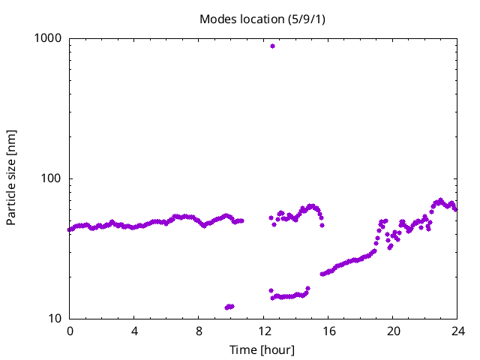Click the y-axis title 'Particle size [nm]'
click(x=11, y=178)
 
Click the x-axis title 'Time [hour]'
click(x=262, y=349)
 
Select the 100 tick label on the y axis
click(x=53, y=178)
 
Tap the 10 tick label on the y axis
click(x=56, y=319)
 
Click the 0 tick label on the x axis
click(x=70, y=331)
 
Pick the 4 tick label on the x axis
click(x=134, y=331)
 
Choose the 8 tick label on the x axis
click(x=199, y=331)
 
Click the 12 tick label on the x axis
click(x=263, y=331)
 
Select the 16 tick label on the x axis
click(x=328, y=331)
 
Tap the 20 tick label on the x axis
click(x=392, y=331)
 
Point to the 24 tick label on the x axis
click(x=457, y=331)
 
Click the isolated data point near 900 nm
click(x=272, y=46)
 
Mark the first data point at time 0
click(x=70, y=230)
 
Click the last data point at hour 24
click(x=455, y=208)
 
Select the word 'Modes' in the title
click(x=217, y=19)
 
